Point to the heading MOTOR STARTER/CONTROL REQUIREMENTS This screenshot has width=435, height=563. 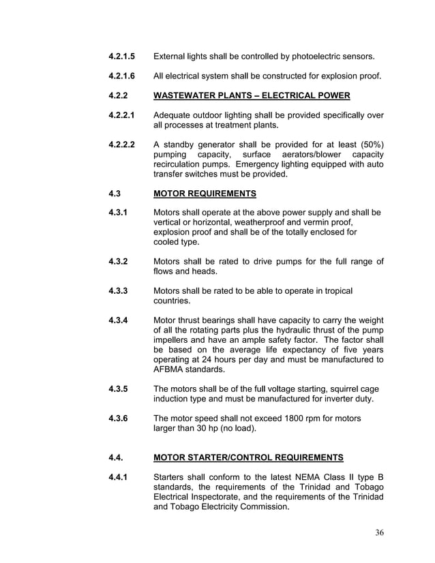coord(248,457)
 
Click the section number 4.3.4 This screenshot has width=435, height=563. coord(119,320)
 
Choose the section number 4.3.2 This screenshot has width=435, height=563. coord(119,261)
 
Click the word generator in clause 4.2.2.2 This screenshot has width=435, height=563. coord(221,144)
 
